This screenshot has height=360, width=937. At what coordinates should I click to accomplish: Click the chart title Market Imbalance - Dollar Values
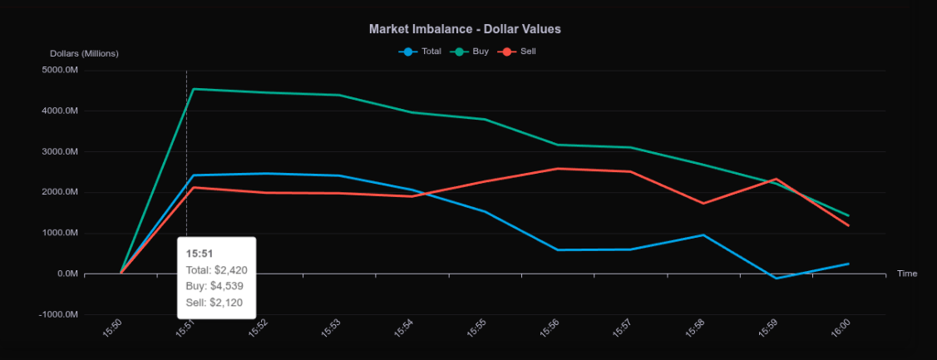[x=465, y=29]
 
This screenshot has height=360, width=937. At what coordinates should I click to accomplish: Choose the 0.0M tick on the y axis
[x=67, y=274]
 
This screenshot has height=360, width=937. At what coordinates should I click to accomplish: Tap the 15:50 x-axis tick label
[x=112, y=329]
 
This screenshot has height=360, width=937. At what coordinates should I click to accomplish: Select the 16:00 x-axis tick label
[x=840, y=329]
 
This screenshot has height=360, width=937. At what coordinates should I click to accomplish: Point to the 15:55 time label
[x=476, y=329]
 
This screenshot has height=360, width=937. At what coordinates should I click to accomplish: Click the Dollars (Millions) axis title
[x=84, y=53]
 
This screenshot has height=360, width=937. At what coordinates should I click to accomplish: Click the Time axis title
[x=907, y=274]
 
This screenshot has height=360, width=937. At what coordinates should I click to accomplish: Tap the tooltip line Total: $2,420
[x=216, y=269]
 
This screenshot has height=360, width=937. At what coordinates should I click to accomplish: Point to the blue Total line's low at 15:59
[x=776, y=278]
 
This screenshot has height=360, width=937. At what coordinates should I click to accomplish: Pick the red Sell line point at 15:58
[x=703, y=203]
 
